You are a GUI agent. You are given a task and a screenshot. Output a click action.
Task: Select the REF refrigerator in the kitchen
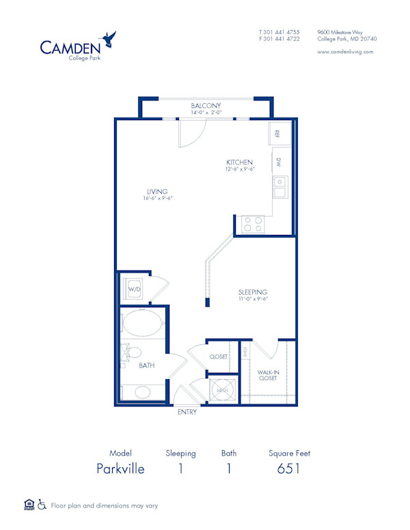coord(279,134)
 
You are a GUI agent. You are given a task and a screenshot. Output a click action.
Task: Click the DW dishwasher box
coord(279,163)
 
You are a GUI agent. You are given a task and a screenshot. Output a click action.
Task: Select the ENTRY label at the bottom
coord(187,412)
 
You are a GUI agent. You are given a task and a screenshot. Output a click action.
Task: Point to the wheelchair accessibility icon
coord(41,505)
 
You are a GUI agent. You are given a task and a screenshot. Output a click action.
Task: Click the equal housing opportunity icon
coord(29,505)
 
